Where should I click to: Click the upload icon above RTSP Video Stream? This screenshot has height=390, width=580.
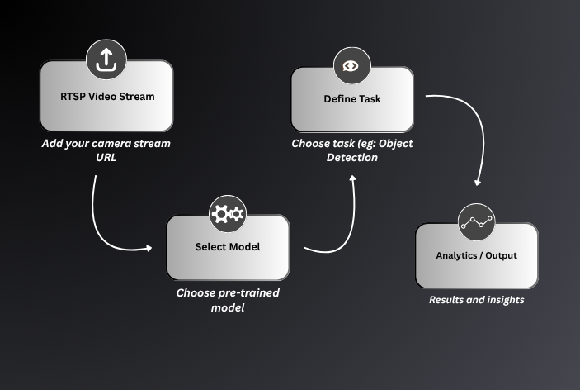coord(107,59)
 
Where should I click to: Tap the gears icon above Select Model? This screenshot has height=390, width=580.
coord(228,215)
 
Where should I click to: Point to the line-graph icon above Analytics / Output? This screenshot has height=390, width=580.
coord(477,222)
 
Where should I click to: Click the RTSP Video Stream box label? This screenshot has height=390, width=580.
coord(107,97)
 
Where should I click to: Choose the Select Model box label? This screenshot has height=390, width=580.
coord(228,247)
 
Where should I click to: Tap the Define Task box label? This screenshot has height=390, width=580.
coord(351,99)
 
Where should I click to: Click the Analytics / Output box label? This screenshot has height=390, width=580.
coord(476,255)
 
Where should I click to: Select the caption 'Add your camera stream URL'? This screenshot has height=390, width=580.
coord(107,150)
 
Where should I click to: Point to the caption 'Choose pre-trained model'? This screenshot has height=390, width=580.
coord(228,301)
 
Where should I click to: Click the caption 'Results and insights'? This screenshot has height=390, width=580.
coord(476,300)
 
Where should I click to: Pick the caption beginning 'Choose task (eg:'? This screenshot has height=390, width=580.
coord(352,150)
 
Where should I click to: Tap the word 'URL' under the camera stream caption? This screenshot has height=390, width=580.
coord(107,158)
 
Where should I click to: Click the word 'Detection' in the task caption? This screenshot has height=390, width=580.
coord(352,158)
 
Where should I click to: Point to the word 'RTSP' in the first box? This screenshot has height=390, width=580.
coord(73,97)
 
